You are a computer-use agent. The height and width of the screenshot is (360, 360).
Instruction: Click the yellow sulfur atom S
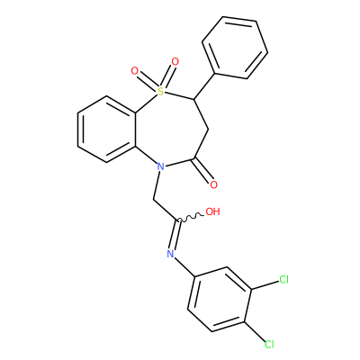(x=161, y=91)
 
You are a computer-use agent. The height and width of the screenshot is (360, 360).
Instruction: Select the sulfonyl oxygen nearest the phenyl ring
(x=175, y=62)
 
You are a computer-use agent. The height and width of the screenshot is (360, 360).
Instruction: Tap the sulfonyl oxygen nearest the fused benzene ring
(x=135, y=71)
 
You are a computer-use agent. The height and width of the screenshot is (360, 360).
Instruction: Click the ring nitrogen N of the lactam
(x=161, y=166)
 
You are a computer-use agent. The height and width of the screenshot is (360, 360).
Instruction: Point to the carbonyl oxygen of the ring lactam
(x=213, y=184)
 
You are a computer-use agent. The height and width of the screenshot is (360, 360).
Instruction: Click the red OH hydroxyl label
(x=212, y=211)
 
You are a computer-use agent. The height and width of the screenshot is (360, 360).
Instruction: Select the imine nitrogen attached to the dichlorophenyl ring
(x=170, y=254)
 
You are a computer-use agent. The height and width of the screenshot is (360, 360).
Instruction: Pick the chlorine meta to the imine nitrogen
(x=283, y=280)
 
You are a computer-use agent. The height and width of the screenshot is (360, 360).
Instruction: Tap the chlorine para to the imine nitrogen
(x=269, y=344)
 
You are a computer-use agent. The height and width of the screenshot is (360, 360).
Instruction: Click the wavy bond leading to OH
(x=191, y=218)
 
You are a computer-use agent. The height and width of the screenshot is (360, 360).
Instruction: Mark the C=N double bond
(x=175, y=235)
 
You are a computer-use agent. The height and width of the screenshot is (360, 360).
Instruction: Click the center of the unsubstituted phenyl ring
(x=235, y=48)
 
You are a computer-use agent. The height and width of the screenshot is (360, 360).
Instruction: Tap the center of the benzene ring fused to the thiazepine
(x=106, y=130)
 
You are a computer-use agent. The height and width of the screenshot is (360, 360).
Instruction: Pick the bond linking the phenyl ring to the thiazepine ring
(x=204, y=85)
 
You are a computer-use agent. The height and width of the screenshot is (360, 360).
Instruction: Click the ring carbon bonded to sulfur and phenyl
(x=194, y=99)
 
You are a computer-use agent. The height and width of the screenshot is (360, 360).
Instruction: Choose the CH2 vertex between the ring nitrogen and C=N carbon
(x=153, y=200)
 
